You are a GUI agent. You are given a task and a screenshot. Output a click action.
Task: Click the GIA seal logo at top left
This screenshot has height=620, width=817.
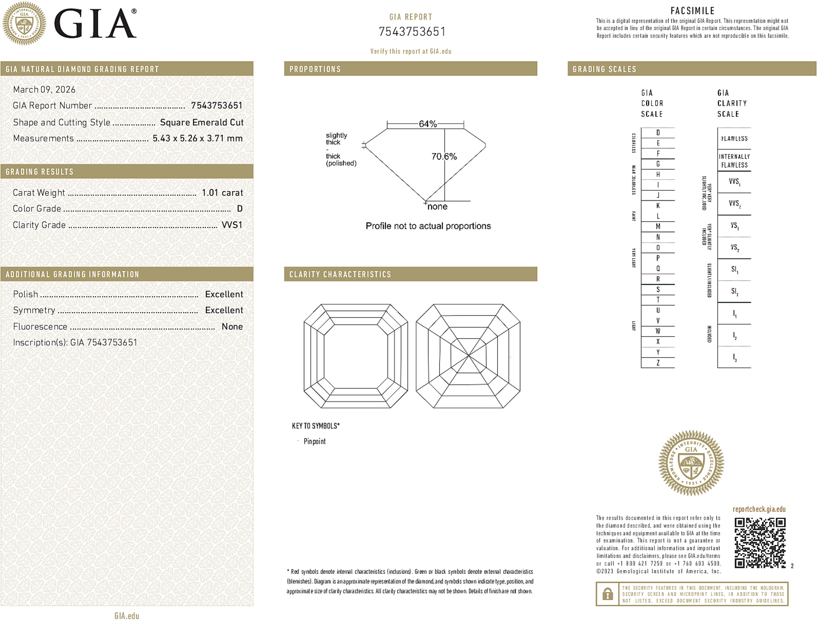point(24,23)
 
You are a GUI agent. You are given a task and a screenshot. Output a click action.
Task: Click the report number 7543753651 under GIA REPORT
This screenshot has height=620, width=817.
point(412,32)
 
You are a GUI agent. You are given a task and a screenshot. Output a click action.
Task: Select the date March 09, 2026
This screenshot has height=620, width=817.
point(44,90)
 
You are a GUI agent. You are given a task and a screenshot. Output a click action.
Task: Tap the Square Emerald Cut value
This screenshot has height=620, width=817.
point(202,123)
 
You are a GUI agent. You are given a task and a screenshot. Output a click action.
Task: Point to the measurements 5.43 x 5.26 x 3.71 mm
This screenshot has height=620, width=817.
point(197,139)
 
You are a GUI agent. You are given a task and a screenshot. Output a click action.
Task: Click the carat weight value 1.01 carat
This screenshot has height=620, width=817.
point(222,193)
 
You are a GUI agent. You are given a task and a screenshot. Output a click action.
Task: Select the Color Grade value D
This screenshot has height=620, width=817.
point(239,209)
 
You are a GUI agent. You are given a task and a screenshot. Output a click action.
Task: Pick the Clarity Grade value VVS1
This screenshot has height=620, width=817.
point(232,225)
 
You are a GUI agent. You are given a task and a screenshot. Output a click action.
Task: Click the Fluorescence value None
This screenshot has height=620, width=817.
point(232,327)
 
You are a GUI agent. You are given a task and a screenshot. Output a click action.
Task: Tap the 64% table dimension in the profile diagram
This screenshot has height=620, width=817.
point(427,124)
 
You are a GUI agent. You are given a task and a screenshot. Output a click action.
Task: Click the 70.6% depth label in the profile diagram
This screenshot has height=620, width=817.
point(444,157)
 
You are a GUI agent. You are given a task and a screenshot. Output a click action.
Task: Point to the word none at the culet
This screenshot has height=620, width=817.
point(438,207)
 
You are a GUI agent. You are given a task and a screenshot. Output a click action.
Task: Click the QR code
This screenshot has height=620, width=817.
point(760,543)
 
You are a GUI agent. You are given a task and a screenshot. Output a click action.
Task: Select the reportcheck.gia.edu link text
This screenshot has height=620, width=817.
point(759,509)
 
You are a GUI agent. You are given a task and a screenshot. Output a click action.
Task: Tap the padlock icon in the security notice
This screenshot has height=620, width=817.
point(607,594)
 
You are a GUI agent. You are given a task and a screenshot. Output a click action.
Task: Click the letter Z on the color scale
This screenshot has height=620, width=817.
point(658,363)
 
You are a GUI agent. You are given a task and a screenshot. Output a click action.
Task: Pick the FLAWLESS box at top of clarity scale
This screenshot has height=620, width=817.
point(734,139)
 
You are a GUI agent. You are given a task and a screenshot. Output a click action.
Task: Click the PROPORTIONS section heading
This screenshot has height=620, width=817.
point(315,69)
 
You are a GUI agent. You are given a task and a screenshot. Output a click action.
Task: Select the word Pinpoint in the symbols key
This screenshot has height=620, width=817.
point(314,441)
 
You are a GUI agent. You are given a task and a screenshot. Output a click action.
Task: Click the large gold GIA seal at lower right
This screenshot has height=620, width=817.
point(691,463)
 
